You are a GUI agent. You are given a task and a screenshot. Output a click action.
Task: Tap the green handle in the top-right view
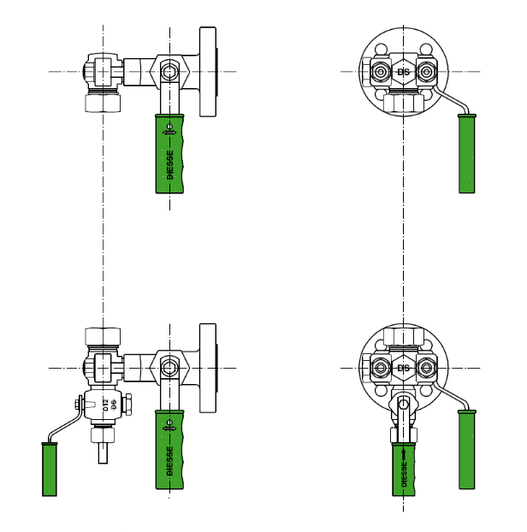pos(466,154)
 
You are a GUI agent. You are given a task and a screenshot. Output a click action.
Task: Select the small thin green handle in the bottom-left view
pos(50,469)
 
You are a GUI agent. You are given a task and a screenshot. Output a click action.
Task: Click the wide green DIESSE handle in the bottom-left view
pos(169,450)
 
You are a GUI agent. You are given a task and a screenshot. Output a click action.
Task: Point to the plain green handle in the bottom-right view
pos(466,450)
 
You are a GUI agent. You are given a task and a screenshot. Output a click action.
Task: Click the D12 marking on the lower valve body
pos(106,405)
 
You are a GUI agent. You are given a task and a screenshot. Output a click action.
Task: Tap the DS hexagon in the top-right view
pos(403,72)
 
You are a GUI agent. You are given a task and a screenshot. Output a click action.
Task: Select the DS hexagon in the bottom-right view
pos(403,369)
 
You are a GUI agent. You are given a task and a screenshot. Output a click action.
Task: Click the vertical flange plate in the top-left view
pos(208,72)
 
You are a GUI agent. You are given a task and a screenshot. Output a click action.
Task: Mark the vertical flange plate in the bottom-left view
pos(208,368)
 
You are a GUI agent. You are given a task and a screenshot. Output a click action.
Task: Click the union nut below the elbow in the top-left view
pos(103,103)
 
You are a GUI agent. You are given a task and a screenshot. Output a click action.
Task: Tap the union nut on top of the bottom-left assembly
pos(103,336)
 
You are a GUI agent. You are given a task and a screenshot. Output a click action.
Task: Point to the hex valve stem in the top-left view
pos(169,72)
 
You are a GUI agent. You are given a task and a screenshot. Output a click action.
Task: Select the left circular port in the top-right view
pos(381,72)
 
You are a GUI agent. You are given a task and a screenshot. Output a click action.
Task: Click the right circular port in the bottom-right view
pos(426,369)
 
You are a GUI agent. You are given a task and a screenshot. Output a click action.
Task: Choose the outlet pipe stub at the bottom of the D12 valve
pos(103,452)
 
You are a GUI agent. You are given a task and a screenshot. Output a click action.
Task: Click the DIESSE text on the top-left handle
pos(169,164)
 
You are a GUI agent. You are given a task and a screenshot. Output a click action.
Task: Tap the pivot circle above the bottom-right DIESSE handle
pos(403,405)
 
